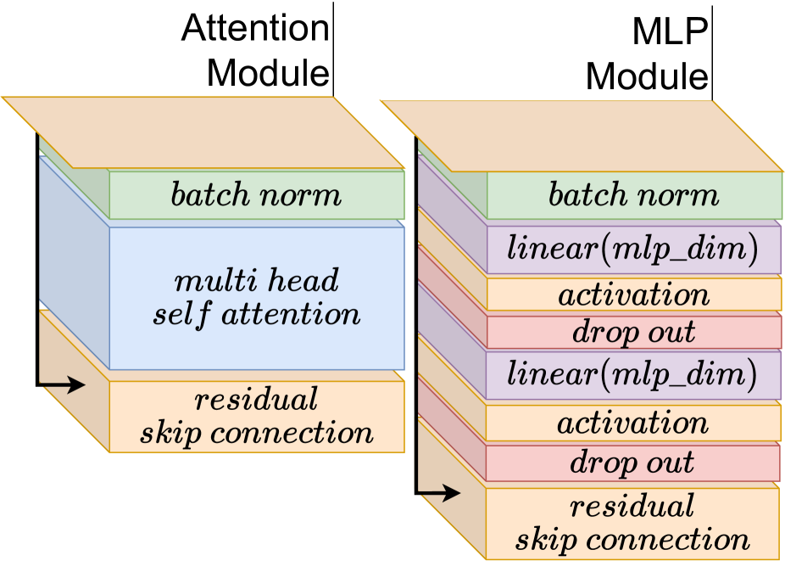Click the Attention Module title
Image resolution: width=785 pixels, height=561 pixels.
click(x=254, y=51)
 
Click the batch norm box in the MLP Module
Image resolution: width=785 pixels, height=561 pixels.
click(x=633, y=196)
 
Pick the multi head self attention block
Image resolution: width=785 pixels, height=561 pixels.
click(x=256, y=297)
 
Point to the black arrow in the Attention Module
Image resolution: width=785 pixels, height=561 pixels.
click(x=64, y=385)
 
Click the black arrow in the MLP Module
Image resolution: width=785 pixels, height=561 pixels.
click(x=438, y=492)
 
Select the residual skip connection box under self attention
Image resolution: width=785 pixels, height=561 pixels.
click(x=256, y=416)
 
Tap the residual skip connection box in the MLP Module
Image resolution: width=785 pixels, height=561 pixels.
click(x=632, y=523)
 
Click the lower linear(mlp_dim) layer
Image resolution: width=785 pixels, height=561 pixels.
click(x=632, y=375)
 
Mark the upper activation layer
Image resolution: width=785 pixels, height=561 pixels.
click(x=633, y=295)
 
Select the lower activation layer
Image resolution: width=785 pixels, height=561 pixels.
click(x=632, y=422)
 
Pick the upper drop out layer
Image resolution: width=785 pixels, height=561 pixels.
click(x=633, y=332)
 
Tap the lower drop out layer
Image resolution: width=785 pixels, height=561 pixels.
click(x=632, y=463)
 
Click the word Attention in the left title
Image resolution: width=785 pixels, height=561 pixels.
click(x=254, y=29)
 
